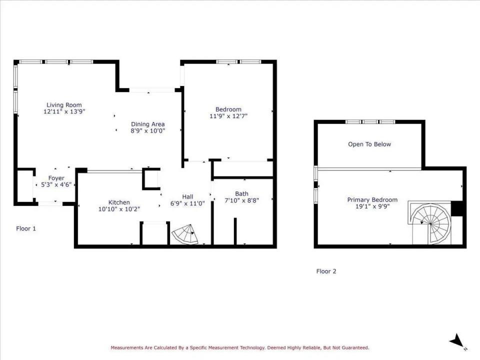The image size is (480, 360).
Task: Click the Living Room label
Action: click(64, 105)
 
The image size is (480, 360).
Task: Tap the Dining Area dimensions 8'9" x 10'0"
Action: click(148, 131)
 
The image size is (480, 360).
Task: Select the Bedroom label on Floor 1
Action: click(228, 109)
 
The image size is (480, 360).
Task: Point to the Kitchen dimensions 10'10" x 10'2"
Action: click(119, 209)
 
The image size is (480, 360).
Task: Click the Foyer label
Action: click(56, 178)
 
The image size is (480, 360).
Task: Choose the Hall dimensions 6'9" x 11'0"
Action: click(187, 203)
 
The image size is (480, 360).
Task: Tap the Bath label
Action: click(241, 194)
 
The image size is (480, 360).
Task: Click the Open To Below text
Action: click(369, 144)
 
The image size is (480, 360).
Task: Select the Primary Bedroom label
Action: click(372, 200)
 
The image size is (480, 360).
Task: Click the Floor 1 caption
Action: click(26, 228)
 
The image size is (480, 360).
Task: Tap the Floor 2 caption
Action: click(326, 271)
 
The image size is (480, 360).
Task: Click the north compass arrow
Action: click(457, 341)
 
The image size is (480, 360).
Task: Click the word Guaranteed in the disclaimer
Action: click(352, 347)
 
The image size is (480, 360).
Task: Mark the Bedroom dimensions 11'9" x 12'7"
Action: click(228, 116)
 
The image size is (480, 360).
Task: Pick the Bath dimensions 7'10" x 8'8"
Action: click(241, 200)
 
